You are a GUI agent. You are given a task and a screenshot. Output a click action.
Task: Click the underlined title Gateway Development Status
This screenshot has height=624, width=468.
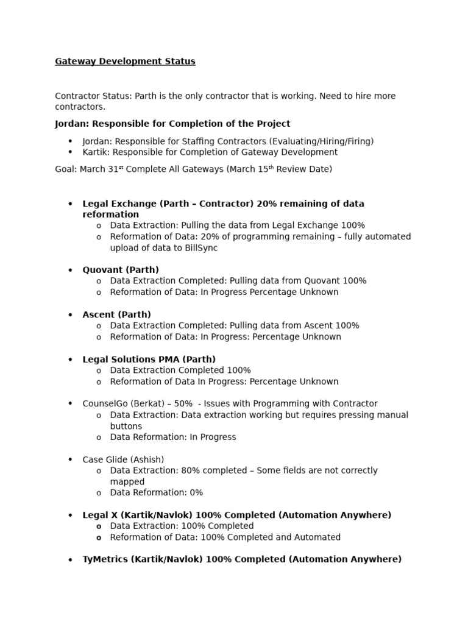(x=125, y=62)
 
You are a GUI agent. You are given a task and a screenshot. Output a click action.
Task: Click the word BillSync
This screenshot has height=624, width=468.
(x=199, y=248)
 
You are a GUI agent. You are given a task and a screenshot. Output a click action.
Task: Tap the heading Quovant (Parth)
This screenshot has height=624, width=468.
(x=121, y=270)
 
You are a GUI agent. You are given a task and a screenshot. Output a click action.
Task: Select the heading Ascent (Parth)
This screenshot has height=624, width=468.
(x=116, y=315)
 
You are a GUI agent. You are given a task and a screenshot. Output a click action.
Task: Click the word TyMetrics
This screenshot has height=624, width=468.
(x=105, y=559)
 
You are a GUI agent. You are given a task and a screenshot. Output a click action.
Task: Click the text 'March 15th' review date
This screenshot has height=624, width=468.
(x=252, y=169)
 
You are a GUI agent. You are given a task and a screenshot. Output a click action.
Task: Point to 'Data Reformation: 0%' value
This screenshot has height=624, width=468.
(x=195, y=492)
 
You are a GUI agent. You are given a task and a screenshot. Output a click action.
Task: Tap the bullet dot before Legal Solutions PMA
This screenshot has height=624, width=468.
(x=71, y=360)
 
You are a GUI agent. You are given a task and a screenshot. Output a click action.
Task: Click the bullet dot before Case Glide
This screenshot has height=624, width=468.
(x=71, y=459)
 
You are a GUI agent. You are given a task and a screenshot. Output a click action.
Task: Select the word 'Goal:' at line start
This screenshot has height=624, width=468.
(x=65, y=169)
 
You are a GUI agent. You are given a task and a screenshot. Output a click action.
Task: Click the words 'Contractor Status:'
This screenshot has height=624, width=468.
(x=93, y=96)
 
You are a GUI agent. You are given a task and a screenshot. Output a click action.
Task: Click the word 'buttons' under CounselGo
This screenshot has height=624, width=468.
(x=126, y=426)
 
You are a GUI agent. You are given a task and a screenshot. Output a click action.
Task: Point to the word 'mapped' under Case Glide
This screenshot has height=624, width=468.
(x=127, y=481)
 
